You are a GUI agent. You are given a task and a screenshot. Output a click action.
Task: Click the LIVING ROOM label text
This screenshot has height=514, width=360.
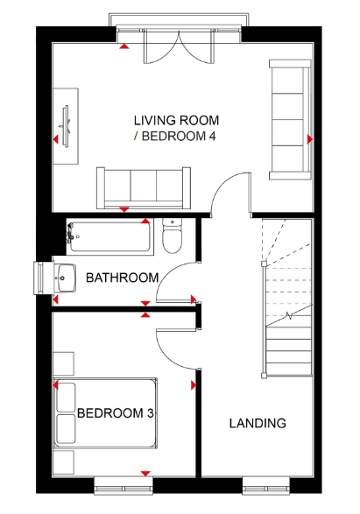point(176,120)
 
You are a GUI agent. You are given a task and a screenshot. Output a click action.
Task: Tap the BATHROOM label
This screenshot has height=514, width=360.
point(123,278)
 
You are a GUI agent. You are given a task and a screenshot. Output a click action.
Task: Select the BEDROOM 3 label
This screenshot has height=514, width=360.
point(116,413)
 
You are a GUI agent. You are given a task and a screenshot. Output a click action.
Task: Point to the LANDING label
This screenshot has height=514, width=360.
point(258,423)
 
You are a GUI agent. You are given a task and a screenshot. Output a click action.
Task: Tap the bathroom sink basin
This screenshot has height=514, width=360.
point(66,278)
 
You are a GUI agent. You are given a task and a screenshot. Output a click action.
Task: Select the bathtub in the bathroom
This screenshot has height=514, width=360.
point(110,236)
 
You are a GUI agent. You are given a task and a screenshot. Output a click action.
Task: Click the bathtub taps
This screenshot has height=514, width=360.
point(70,233)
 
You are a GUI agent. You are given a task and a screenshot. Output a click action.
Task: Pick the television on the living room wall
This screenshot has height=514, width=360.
point(67,126)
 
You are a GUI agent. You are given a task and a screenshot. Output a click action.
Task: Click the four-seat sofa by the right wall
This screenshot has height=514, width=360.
point(290,120)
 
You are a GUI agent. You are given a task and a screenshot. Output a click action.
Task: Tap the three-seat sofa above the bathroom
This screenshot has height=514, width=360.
point(144,188)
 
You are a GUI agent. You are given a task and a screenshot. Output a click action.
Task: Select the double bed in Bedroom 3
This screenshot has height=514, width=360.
point(105,413)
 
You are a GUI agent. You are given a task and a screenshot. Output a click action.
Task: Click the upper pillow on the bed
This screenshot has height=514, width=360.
point(66,398)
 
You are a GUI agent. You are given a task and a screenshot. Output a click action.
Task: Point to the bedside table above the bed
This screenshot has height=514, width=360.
point(64,364)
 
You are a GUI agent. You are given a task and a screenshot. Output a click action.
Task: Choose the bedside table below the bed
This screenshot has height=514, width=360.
point(64,462)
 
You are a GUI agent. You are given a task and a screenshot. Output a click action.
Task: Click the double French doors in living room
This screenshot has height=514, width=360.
point(179,46)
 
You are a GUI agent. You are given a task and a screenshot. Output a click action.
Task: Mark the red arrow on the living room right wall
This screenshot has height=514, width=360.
point(310,139)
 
